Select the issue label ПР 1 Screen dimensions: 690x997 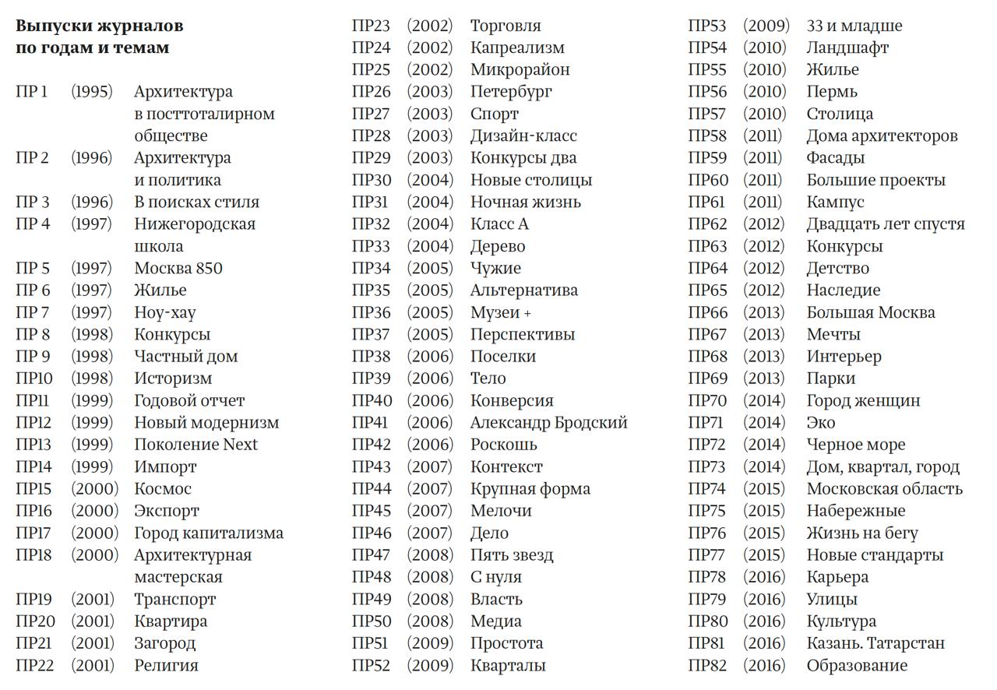pos(31,92)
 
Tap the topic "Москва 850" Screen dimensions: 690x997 pos(178,269)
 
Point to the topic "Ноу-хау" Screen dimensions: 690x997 pos(164,313)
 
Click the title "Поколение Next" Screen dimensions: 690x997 pos(196,445)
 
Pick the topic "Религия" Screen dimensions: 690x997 pos(166,666)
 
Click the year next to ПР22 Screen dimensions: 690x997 pos(92,666)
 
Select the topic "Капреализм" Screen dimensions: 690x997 pos(517,48)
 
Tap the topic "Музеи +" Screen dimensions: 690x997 pos(500,312)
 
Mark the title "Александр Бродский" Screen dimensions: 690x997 pos(548,423)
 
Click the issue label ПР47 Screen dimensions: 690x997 pos(371,555)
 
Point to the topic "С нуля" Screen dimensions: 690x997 pos(495,578)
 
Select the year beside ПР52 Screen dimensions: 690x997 pos(429,666)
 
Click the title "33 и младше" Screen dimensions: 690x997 pos(854,26)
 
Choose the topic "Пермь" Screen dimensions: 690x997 pos(832,92)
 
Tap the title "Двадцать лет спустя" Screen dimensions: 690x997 pos(886,224)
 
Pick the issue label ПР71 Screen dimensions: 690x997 pos(706,423)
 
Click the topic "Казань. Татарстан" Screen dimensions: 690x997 pos(875,643)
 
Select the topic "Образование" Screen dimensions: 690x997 pos(857,666)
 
